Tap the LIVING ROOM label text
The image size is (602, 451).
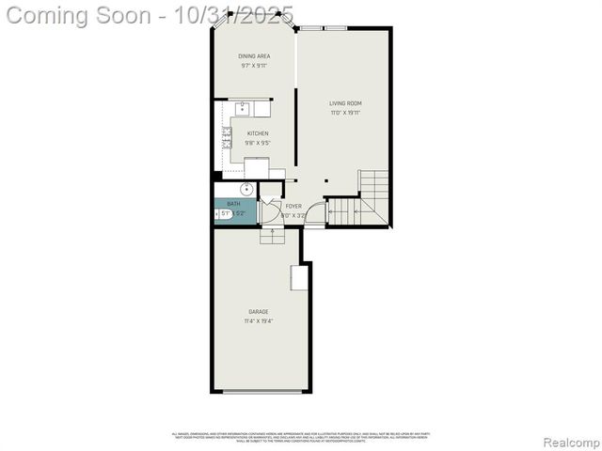[x=345, y=103]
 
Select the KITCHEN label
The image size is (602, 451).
[x=258, y=134]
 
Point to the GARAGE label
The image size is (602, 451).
[x=259, y=312]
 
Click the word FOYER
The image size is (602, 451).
[x=293, y=206]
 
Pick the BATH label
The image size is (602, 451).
[x=233, y=204]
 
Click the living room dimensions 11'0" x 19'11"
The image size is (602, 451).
[x=345, y=113]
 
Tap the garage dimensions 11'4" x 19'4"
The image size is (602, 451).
[x=259, y=321]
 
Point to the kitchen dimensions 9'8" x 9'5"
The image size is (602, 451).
[x=258, y=144]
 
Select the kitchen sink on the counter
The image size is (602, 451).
[x=242, y=108]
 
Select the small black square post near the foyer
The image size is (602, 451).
[x=325, y=179]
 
